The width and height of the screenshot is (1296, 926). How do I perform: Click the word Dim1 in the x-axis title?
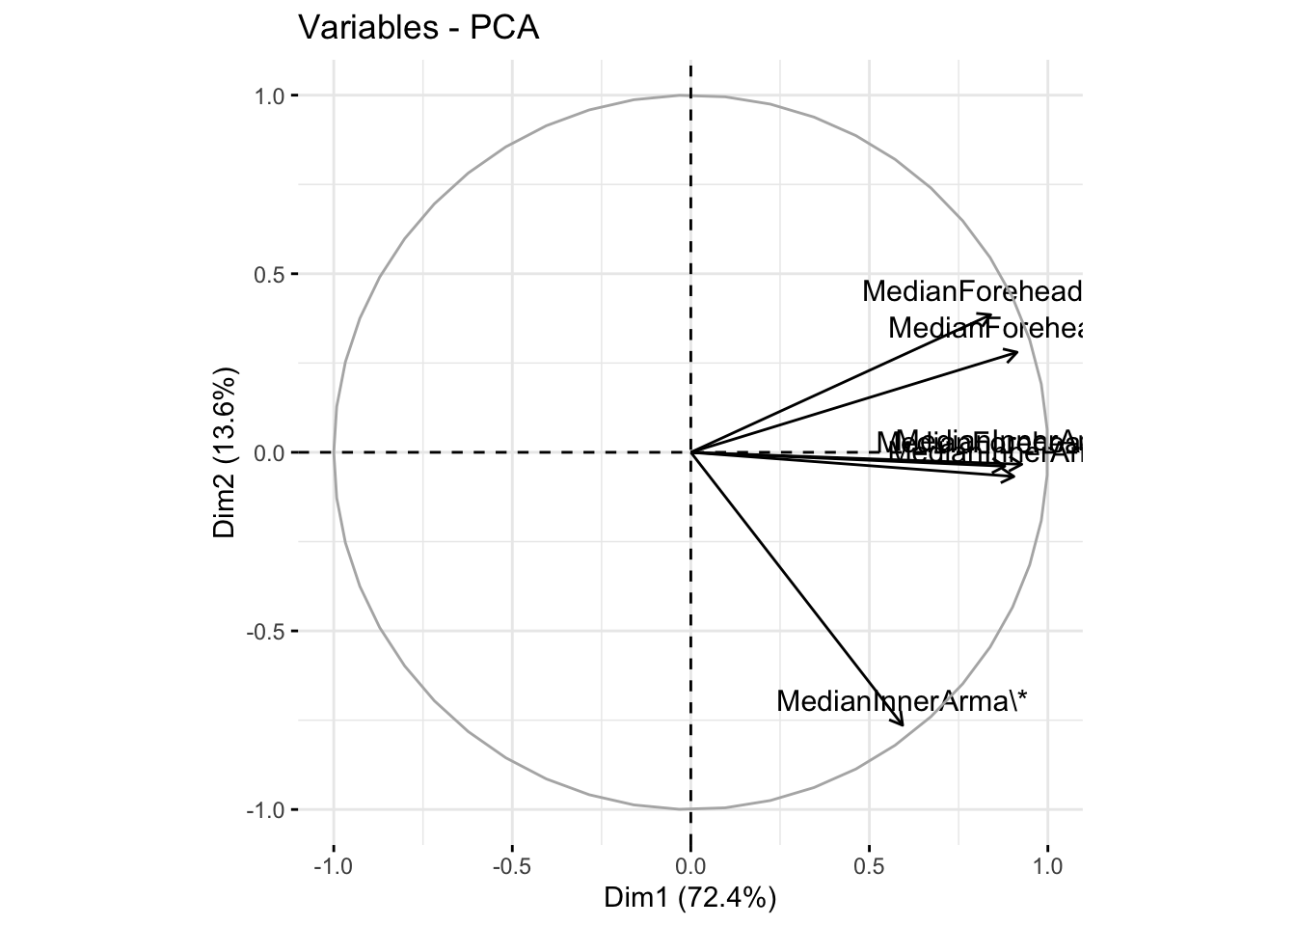tap(637, 898)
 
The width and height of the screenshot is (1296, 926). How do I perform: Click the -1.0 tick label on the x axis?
tap(333, 864)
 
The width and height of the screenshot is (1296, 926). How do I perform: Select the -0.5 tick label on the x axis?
tap(511, 864)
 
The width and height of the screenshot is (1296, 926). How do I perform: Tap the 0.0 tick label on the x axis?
tap(690, 864)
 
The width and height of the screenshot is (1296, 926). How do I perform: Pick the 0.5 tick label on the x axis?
tap(869, 864)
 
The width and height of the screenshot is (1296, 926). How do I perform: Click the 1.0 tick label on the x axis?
tap(1047, 864)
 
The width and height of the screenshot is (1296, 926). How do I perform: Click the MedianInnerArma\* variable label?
tap(902, 701)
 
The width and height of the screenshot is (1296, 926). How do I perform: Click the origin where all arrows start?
tap(690, 451)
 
